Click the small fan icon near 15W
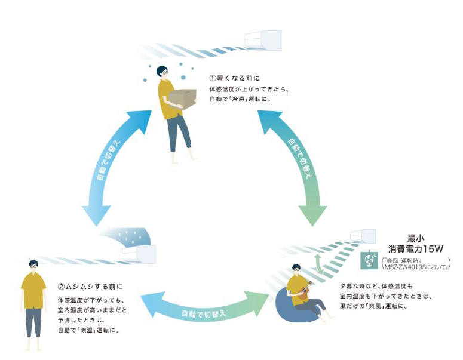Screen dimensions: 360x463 [369, 261]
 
